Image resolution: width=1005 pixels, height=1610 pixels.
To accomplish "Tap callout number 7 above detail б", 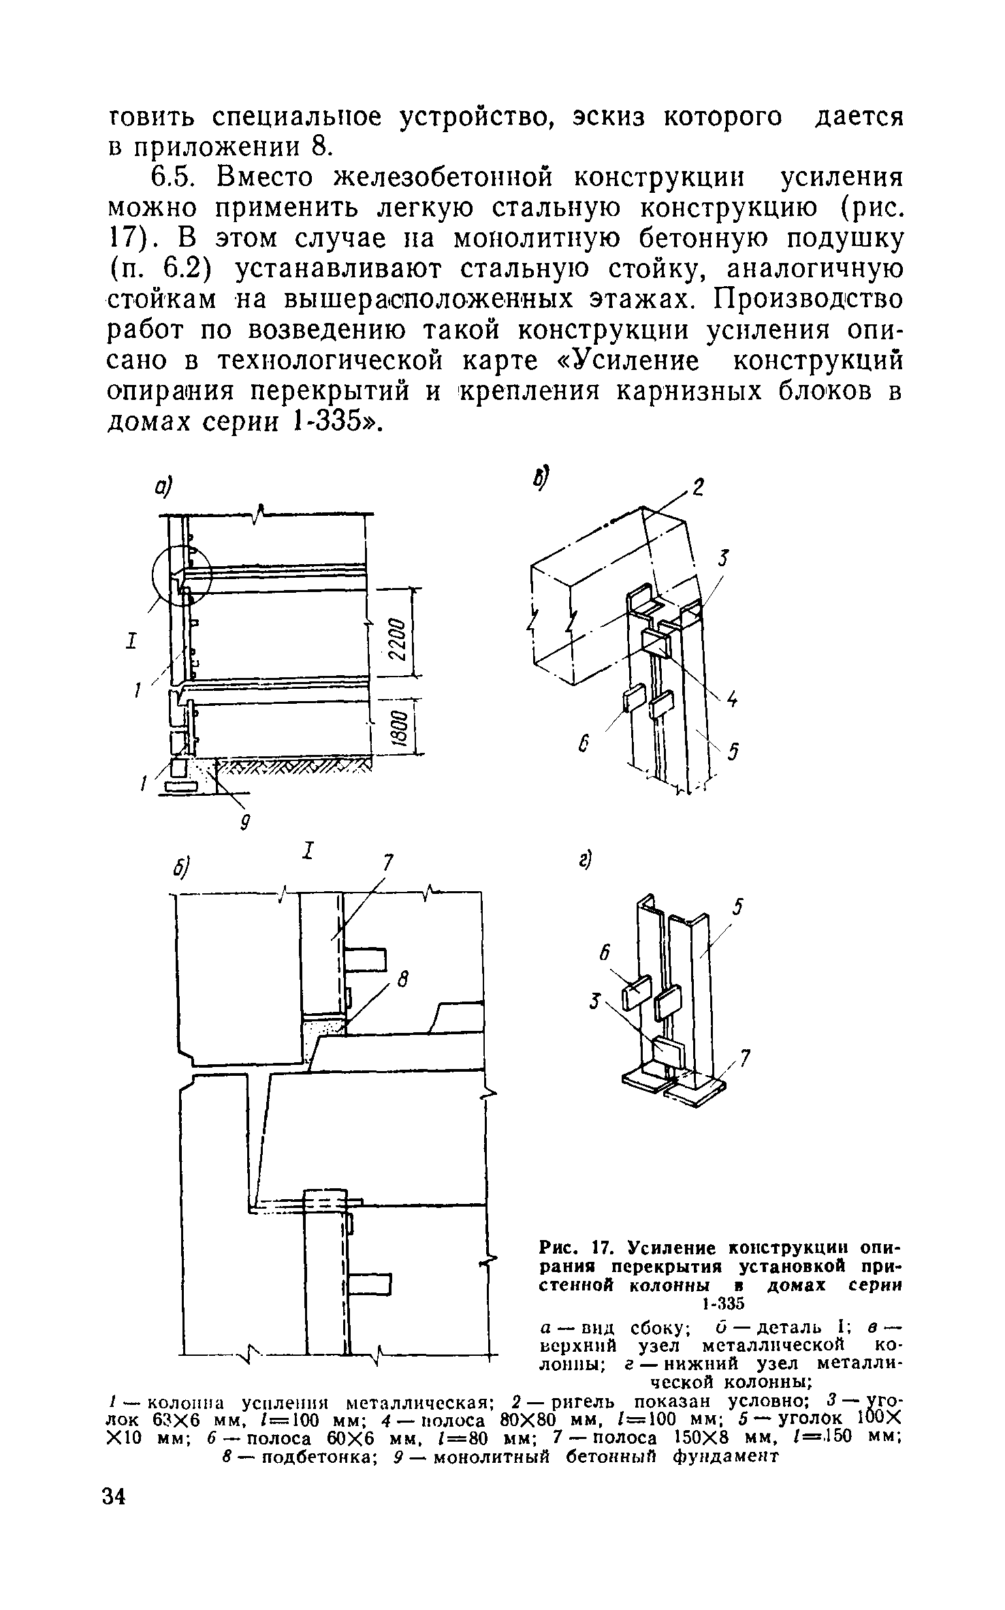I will click(387, 863).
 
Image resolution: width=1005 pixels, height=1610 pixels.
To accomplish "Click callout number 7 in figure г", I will click(745, 1057).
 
